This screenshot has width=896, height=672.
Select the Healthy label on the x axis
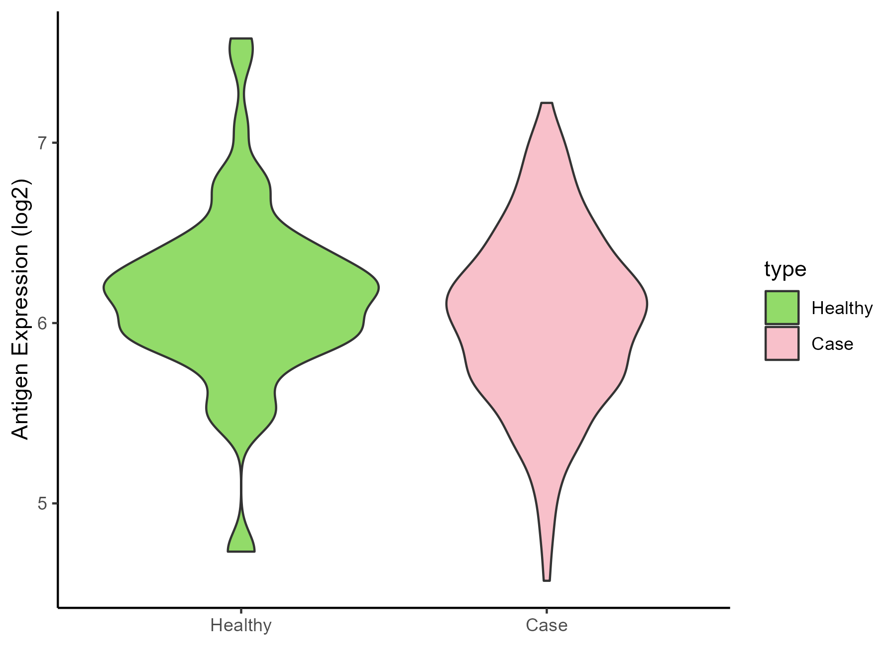(x=241, y=625)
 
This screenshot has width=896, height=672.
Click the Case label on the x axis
(x=547, y=625)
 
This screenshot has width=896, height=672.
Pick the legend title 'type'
(x=785, y=269)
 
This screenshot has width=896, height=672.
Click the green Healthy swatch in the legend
(x=782, y=308)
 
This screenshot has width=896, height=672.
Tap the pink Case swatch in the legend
(x=782, y=343)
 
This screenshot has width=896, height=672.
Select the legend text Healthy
(x=842, y=308)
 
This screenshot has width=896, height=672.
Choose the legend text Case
(x=832, y=344)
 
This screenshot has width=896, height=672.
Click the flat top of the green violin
(x=241, y=39)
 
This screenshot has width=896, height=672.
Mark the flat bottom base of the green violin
(x=241, y=551)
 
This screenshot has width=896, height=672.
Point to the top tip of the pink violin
(x=547, y=104)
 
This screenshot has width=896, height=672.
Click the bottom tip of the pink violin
(x=547, y=580)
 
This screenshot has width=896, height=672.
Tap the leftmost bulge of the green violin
(x=105, y=288)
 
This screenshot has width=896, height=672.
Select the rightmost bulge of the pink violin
(x=646, y=304)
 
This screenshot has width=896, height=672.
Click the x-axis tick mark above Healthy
(x=241, y=611)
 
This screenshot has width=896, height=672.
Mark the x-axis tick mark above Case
(x=547, y=611)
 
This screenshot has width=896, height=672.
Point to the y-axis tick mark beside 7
(x=54, y=143)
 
